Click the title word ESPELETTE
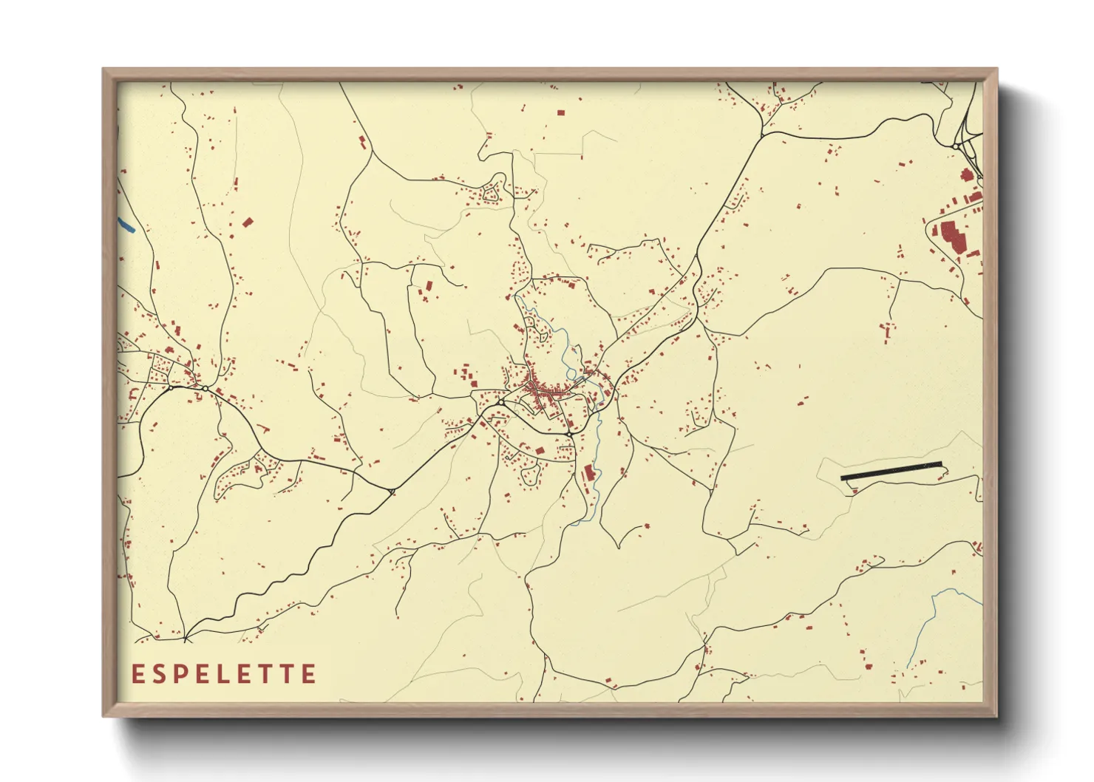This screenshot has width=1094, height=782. click(224, 674)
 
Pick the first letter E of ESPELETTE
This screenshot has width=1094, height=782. click(137, 674)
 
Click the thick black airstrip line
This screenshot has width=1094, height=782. click(891, 471)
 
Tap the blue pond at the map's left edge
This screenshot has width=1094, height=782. click(126, 224)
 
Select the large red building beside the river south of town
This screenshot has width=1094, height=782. click(589, 473)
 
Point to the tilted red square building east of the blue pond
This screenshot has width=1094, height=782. click(248, 221)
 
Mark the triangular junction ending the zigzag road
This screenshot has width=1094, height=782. click(391, 491)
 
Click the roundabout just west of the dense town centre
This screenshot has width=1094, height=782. click(500, 402)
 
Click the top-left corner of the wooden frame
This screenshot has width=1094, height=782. click(104, 70)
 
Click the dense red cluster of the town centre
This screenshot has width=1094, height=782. click(543, 390)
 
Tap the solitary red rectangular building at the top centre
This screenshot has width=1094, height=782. click(561, 113)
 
